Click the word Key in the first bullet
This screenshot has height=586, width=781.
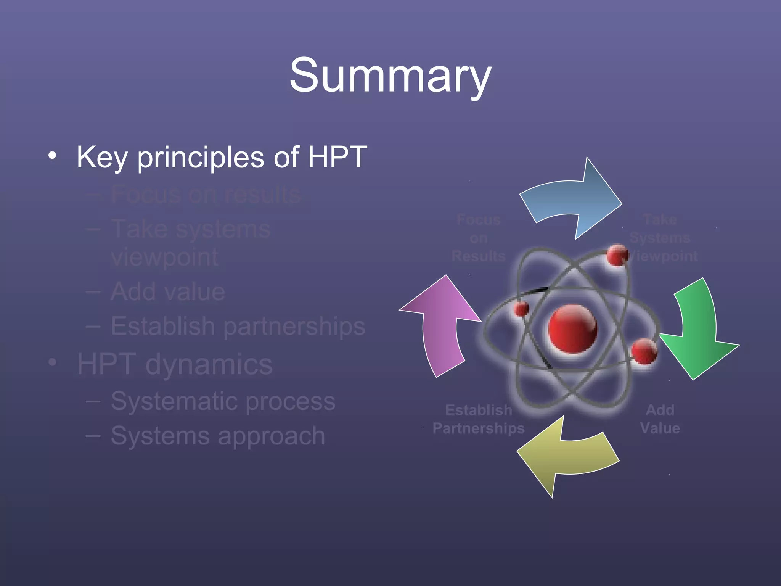pyautogui.click(x=101, y=157)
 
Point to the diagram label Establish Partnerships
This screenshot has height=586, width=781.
pyautogui.click(x=479, y=419)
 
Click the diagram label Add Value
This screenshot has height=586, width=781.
pyautogui.click(x=660, y=419)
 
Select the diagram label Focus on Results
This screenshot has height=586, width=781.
pyautogui.click(x=479, y=238)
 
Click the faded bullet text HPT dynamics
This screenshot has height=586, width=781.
pyautogui.click(x=175, y=364)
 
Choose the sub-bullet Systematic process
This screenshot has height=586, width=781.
pyautogui.click(x=223, y=401)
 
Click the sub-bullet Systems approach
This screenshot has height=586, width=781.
pyautogui.click(x=218, y=436)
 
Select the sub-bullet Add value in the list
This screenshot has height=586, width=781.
pyautogui.click(x=168, y=292)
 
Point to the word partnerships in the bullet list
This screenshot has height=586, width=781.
pyautogui.click(x=294, y=327)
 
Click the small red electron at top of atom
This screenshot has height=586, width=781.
pyautogui.click(x=617, y=255)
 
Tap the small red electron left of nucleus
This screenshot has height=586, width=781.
pyautogui.click(x=521, y=308)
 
